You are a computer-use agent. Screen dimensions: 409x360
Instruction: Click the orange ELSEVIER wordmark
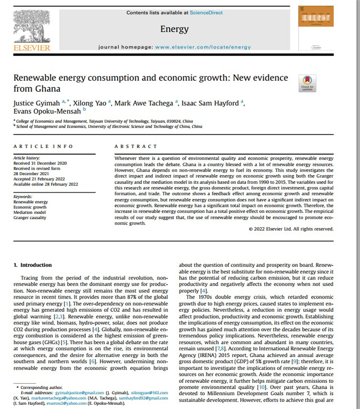pos(31,47)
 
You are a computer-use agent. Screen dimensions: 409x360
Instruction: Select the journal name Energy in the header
pos(174,29)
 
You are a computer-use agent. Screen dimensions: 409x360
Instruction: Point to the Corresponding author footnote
pos(39,386)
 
